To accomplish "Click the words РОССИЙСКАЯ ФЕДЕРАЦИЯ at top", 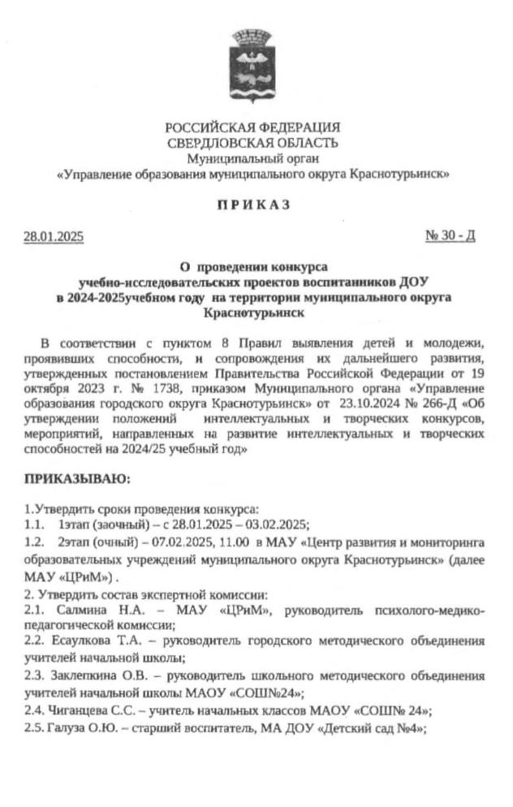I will click(x=252, y=128).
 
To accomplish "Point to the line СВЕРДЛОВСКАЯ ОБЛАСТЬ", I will click(x=252, y=144).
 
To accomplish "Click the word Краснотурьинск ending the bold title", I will click(x=252, y=312).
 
